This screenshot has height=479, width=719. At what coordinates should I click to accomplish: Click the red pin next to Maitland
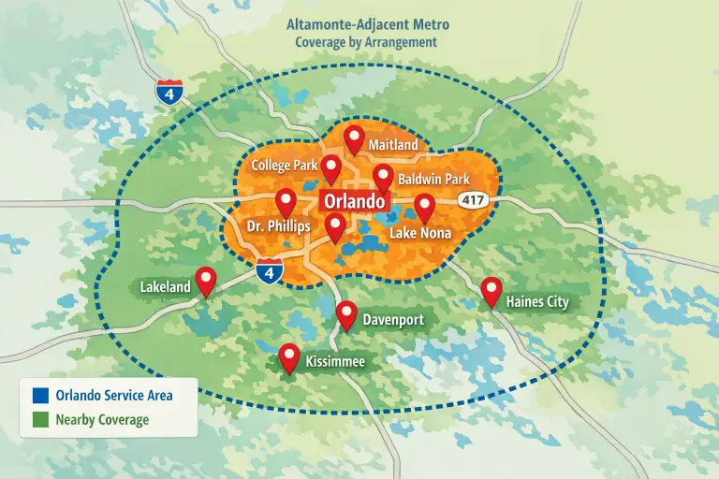354,138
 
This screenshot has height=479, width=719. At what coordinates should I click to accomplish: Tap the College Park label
285,166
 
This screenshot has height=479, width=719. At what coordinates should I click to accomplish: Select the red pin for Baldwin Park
383,176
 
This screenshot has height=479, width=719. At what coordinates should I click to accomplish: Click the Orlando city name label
354,201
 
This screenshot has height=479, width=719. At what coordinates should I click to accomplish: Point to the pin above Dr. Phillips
286,200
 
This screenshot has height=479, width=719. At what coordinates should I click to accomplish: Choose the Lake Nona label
419,232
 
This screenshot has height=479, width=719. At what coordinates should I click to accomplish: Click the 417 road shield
471,199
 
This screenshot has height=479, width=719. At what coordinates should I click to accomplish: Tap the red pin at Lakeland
205,280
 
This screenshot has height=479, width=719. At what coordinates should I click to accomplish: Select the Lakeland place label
165,286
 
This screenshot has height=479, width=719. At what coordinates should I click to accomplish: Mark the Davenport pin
346,314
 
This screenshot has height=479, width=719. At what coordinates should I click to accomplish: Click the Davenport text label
393,320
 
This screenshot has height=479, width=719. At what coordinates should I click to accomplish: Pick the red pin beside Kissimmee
289,356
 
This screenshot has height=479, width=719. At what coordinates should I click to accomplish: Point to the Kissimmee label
334,360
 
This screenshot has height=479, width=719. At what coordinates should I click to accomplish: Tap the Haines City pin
491,290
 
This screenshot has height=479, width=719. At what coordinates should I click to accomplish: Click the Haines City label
536,301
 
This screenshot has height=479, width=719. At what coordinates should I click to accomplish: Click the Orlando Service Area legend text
113,395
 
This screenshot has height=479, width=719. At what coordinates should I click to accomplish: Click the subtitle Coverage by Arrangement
366,42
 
